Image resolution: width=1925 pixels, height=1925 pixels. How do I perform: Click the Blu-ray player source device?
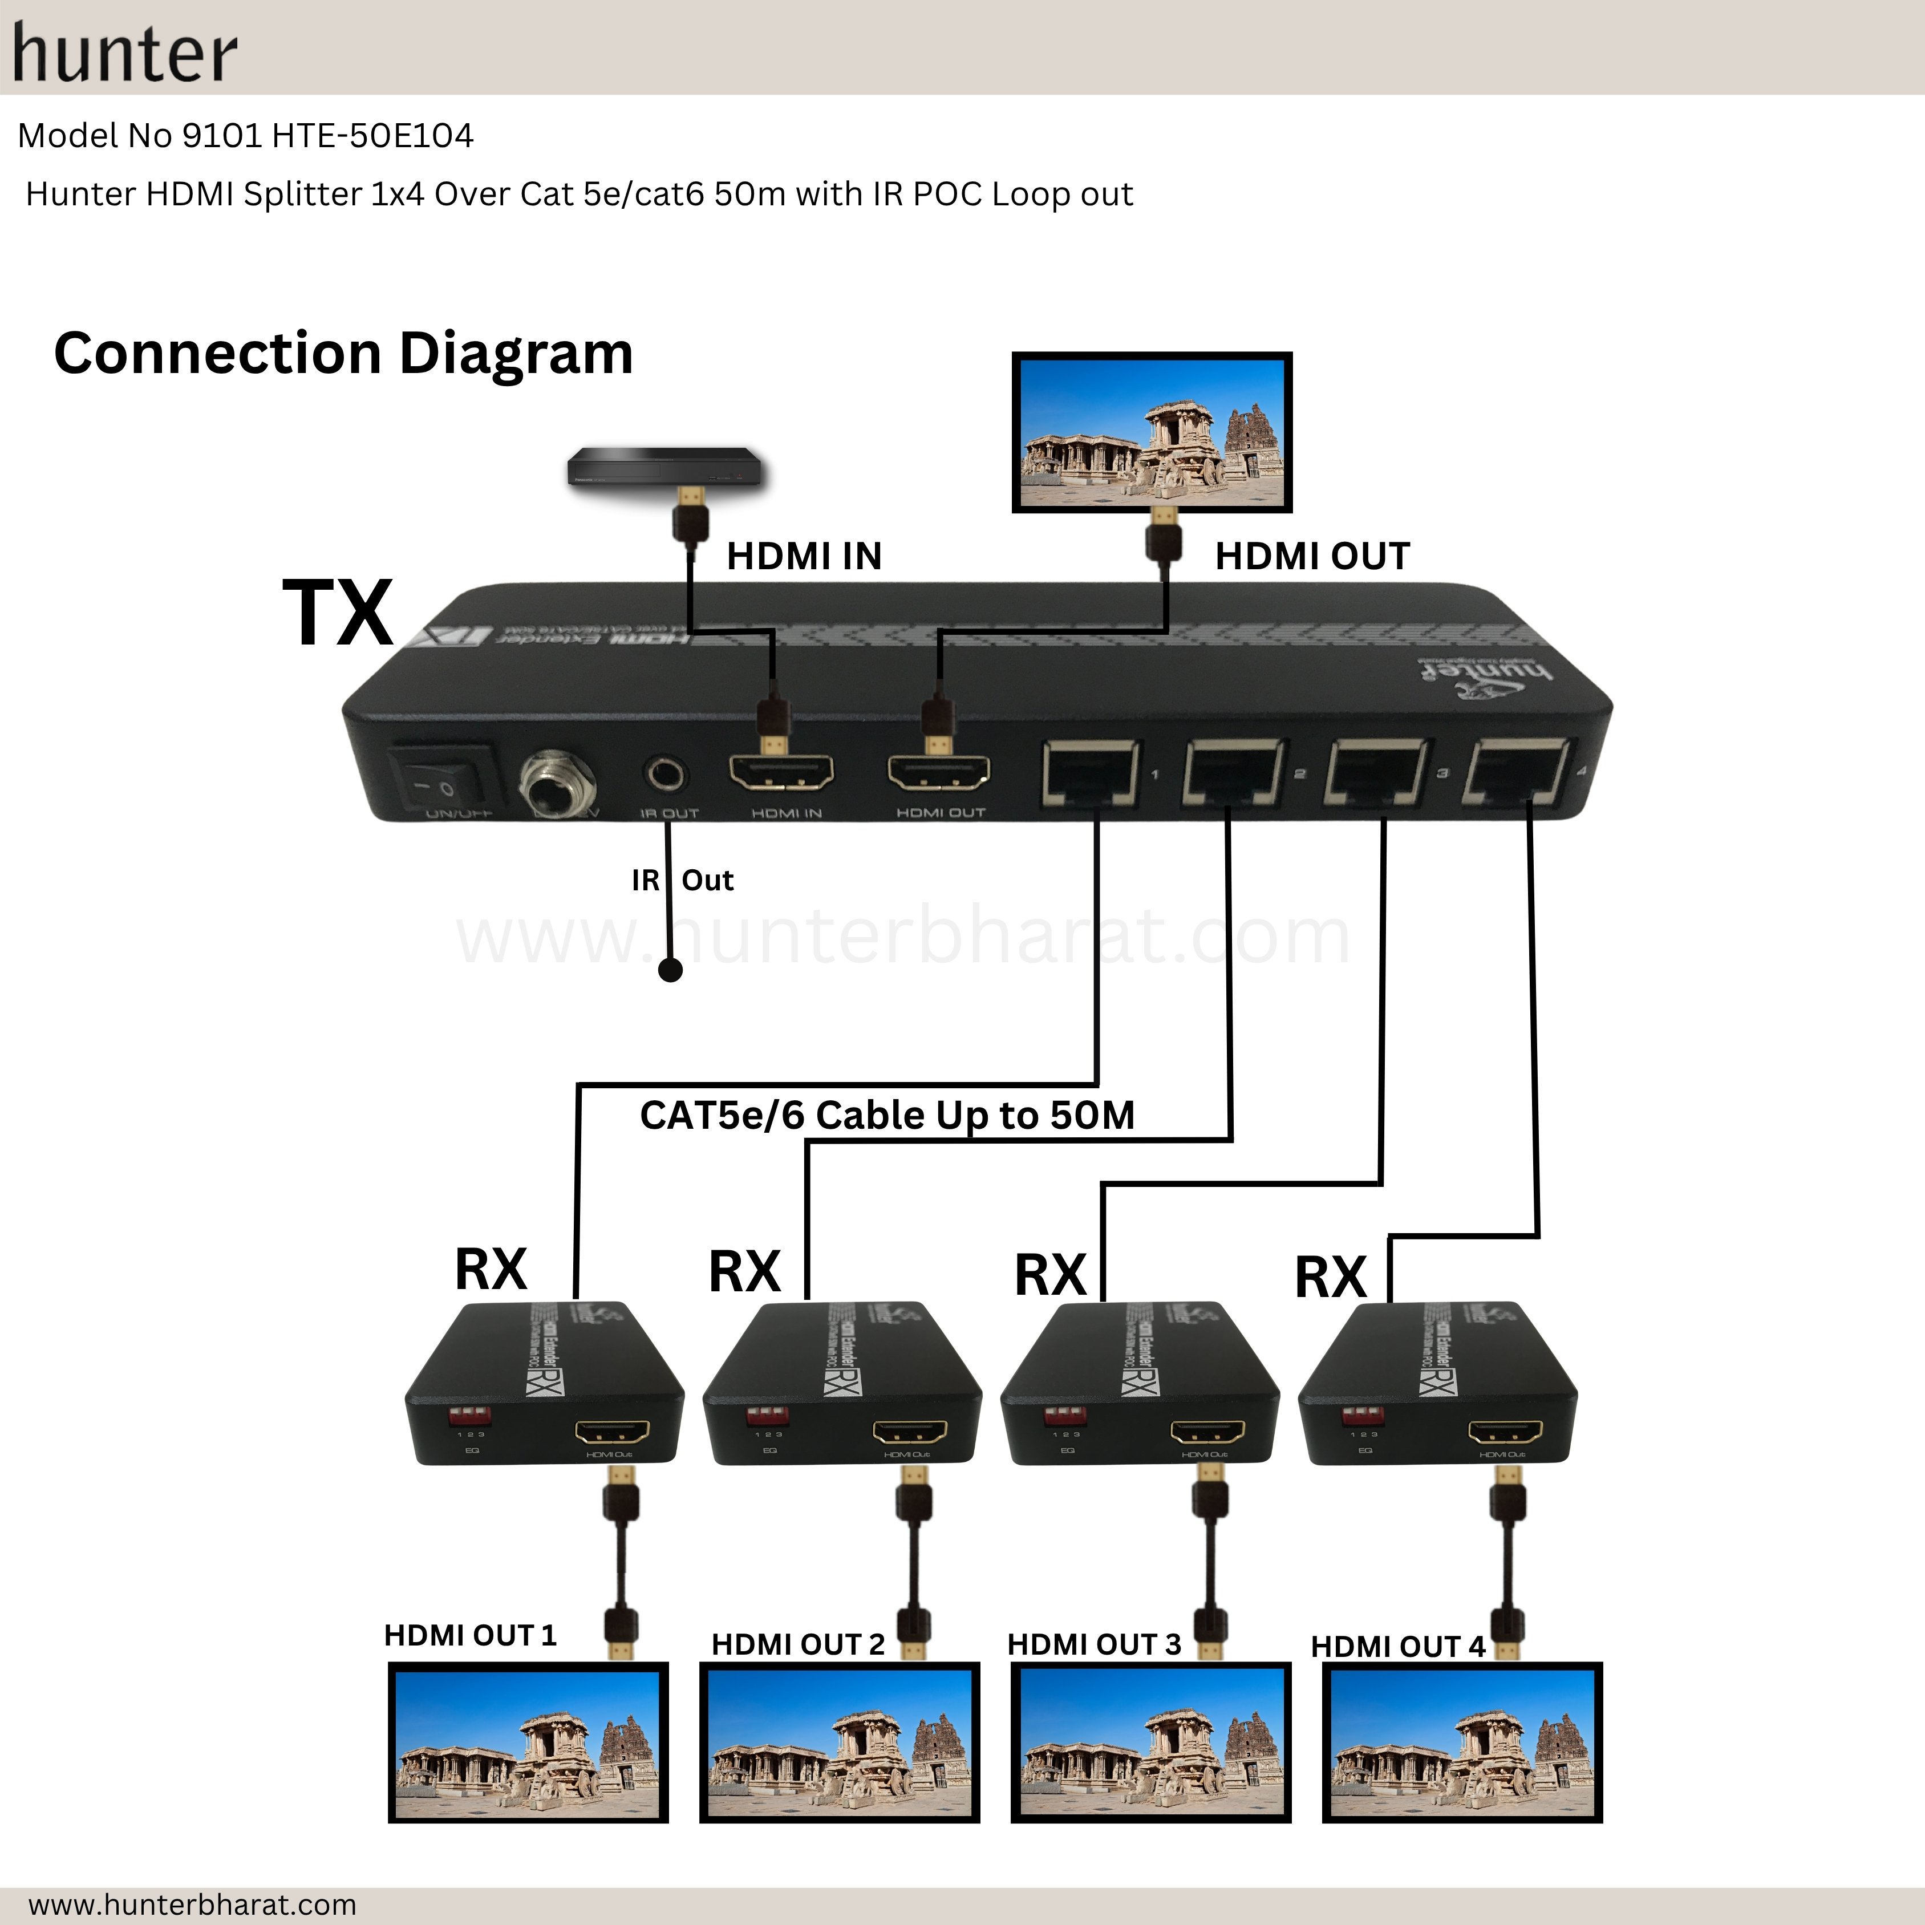point(664,467)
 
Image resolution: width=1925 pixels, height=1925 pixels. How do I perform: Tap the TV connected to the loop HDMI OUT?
point(1152,431)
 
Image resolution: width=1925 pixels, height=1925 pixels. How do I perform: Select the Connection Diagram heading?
point(344,354)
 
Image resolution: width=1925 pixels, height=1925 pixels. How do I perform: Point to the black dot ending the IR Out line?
point(671,970)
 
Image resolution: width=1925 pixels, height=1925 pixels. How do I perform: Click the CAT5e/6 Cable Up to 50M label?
point(887,1115)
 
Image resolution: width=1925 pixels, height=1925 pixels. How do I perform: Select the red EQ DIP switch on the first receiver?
point(468,1416)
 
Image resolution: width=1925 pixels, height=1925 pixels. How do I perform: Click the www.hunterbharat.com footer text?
point(192,1904)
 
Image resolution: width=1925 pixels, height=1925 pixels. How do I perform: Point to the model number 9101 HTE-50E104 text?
point(246,136)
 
